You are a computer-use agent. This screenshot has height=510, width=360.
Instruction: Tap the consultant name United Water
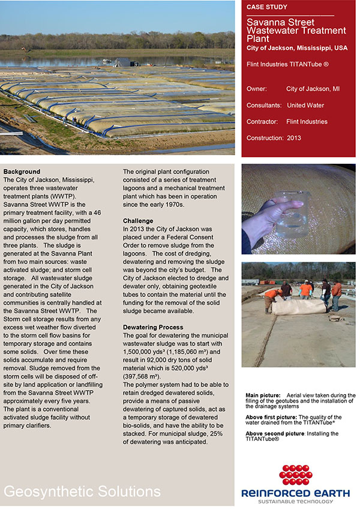click(305, 105)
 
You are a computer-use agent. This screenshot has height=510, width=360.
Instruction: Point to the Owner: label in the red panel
click(257, 89)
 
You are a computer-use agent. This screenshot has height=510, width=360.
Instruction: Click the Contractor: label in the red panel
click(262, 122)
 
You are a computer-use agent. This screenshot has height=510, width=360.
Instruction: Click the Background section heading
click(22, 172)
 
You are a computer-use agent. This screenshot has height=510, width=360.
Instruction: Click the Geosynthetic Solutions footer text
click(82, 491)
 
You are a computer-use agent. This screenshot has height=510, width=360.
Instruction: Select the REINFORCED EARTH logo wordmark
click(295, 493)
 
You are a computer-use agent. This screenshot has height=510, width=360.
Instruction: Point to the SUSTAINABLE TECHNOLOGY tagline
click(295, 502)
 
